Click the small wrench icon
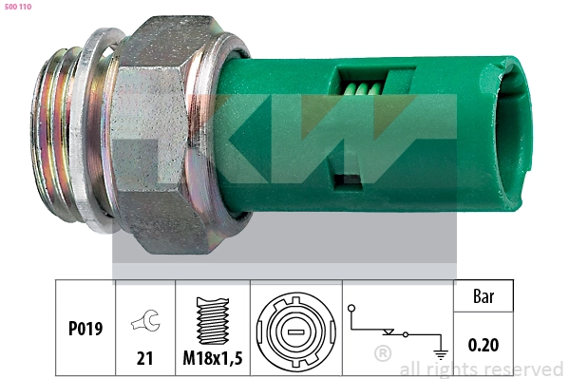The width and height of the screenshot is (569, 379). coord(145,324)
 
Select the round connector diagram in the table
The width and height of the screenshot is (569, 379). coord(294,329)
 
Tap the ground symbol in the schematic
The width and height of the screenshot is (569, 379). coord(439,351)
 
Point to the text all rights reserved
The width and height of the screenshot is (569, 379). coord(481,370)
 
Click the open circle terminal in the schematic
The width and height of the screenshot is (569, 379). coord(352,309)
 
